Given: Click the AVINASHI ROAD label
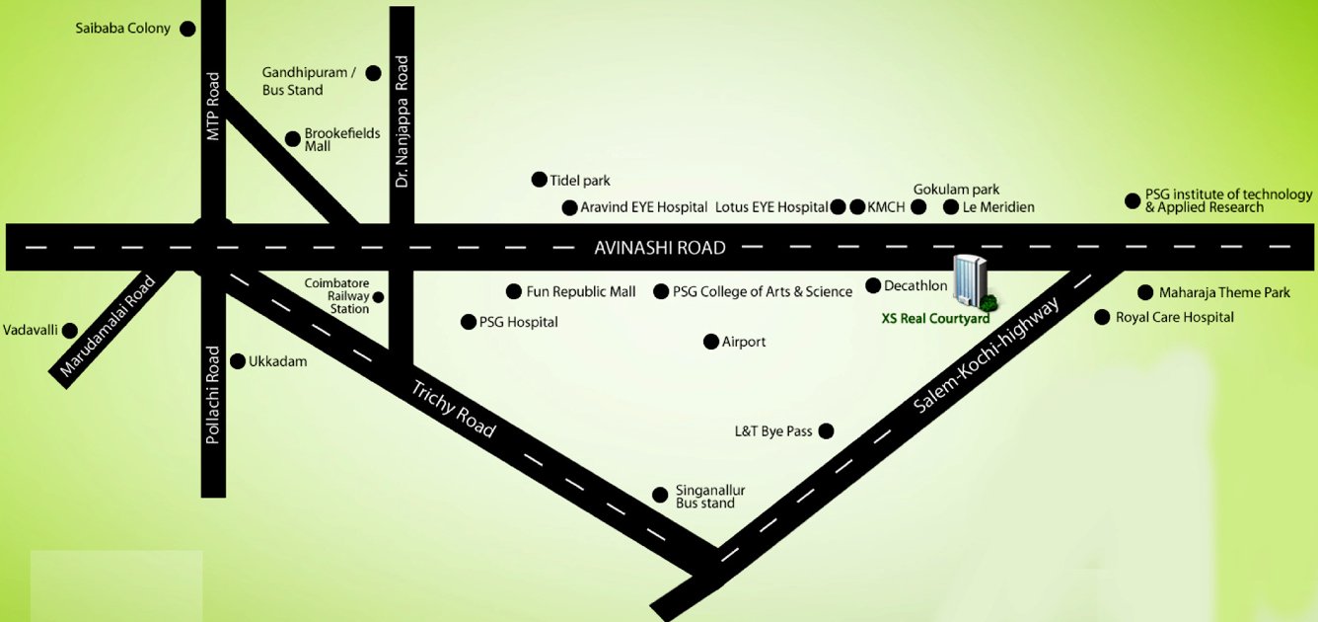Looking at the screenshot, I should click(x=659, y=248).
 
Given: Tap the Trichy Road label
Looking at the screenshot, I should click(x=453, y=409).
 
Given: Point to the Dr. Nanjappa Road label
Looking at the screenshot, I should click(x=402, y=122).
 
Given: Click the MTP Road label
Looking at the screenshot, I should click(x=213, y=107).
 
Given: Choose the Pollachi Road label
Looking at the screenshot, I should click(x=213, y=395).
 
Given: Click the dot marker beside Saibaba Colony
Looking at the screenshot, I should click(x=187, y=30).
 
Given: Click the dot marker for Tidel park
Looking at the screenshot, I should click(x=539, y=180).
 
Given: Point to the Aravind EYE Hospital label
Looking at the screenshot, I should click(x=643, y=207).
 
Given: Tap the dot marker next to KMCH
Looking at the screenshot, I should click(x=857, y=207).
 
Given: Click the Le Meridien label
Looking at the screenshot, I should click(x=998, y=207).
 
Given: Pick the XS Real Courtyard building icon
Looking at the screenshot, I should click(x=971, y=280).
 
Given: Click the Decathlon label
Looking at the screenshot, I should click(x=915, y=286).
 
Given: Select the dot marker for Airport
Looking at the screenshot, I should click(x=710, y=342).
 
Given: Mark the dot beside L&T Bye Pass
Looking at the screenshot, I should click(x=827, y=430).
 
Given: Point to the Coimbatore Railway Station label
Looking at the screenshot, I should click(x=336, y=296).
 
